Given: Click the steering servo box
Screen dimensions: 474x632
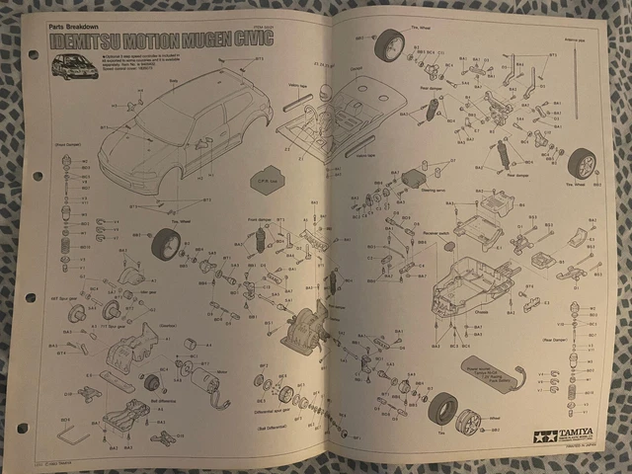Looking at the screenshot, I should (x=412, y=180).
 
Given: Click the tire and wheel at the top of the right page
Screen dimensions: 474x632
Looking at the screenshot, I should (x=388, y=44).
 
